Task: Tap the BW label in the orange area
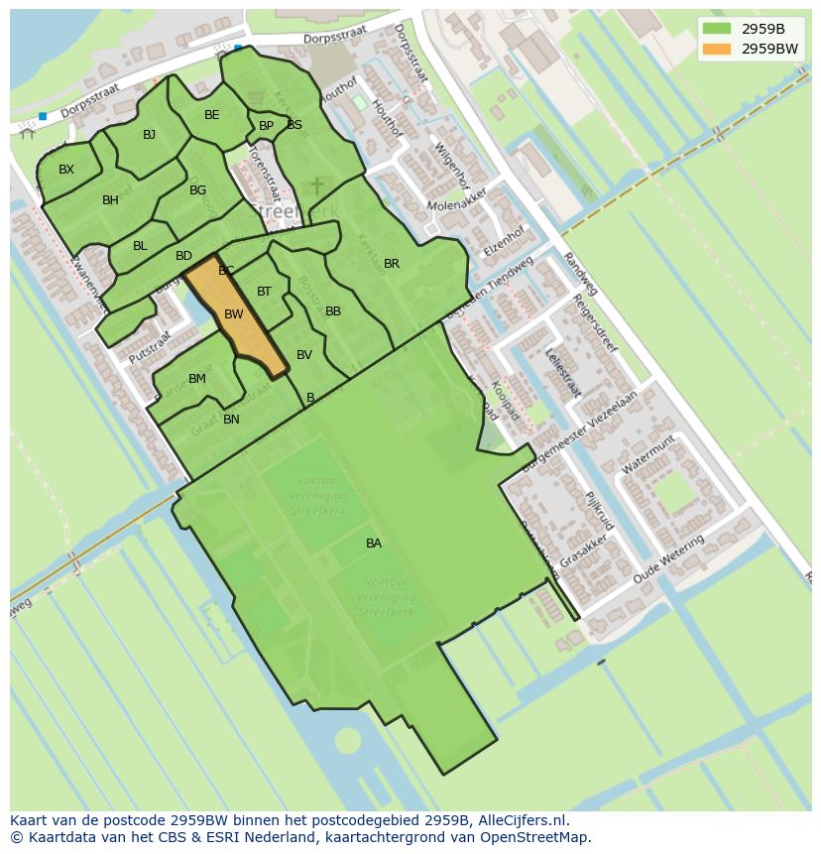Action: [234, 314]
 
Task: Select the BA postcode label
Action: [374, 544]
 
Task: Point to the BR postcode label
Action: [392, 264]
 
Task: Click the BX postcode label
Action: [66, 170]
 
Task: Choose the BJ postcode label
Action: [149, 135]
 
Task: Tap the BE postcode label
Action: [212, 115]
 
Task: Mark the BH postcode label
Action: [110, 200]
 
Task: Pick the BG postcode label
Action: [197, 190]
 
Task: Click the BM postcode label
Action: [197, 379]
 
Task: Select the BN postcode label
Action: [231, 420]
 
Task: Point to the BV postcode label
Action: [304, 355]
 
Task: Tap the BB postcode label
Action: [333, 311]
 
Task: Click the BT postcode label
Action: [264, 292]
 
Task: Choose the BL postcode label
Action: [140, 246]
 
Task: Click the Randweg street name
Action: [580, 274]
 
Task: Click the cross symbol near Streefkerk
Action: [317, 186]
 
